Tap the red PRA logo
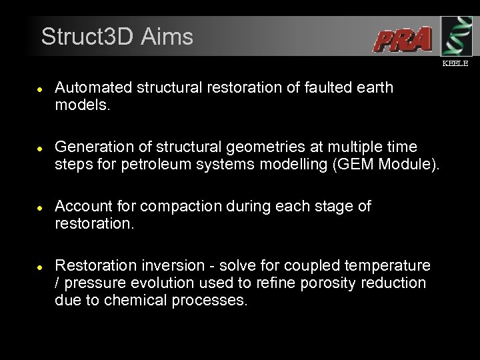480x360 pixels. point(402,40)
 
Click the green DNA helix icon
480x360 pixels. point(457,36)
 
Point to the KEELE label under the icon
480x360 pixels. point(456,63)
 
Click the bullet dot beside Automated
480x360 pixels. point(40,89)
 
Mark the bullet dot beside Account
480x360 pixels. point(40,207)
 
